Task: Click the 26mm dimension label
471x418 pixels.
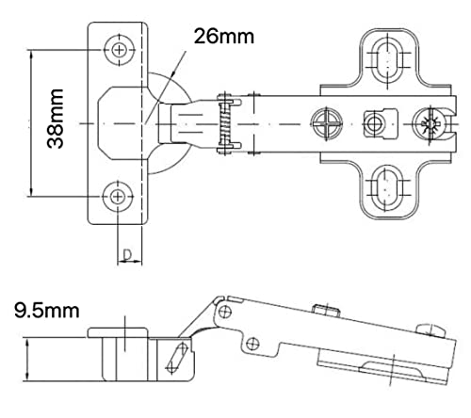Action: (x=224, y=37)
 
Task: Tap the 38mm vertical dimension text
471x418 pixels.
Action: (x=56, y=119)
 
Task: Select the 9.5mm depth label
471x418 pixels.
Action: (x=46, y=311)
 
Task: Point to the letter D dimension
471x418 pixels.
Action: (x=127, y=255)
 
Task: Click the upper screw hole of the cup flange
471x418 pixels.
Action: (x=119, y=50)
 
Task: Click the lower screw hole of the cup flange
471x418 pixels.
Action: (x=118, y=197)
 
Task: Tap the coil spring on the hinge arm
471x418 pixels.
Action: (x=225, y=123)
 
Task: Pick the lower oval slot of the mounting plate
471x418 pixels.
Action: (x=387, y=187)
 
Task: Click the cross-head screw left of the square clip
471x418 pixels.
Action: (x=327, y=123)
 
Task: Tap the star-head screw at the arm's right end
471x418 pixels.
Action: (x=430, y=124)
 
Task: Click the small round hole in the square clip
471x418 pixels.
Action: (x=374, y=123)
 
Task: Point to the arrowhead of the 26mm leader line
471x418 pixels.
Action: (x=173, y=72)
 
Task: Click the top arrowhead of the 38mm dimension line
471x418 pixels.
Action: (x=31, y=55)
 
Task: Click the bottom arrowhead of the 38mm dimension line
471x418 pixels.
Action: (x=31, y=191)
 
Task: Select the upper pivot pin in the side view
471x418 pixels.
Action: (x=225, y=312)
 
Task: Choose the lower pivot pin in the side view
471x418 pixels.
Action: (x=252, y=344)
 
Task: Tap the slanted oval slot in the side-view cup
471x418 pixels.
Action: (x=177, y=359)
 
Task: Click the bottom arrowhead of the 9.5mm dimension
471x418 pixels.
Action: (x=27, y=377)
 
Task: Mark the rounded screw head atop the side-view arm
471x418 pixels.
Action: (x=431, y=330)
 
